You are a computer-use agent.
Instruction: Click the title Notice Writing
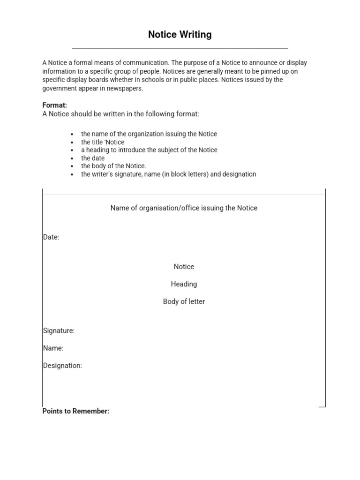point(180,35)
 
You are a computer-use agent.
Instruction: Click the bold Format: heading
point(55,105)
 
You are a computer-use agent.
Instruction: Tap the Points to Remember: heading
point(76,411)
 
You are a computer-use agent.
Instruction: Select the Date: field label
point(51,237)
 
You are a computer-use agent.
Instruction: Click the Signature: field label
point(59,330)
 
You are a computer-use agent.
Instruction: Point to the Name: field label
point(53,348)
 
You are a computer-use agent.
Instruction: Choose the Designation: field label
point(62,365)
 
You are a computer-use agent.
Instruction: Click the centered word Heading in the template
point(184,284)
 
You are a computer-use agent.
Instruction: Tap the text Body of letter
point(184,301)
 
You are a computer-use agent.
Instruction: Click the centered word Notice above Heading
point(184,267)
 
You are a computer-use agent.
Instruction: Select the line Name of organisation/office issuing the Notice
point(184,208)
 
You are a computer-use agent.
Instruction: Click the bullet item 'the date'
point(93,158)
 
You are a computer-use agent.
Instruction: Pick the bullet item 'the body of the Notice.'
point(113,166)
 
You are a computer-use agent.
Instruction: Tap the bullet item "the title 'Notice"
point(103,142)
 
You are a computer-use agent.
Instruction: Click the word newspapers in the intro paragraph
point(126,88)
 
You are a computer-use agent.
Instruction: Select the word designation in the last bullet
point(240,174)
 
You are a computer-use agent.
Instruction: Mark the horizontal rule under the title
point(180,48)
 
